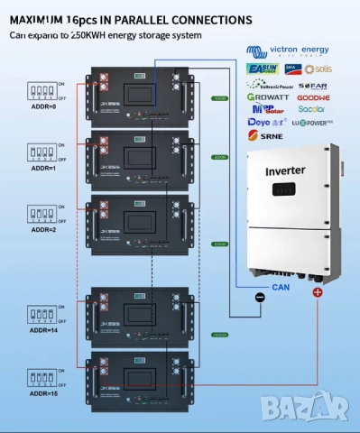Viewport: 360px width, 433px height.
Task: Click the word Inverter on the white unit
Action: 284,170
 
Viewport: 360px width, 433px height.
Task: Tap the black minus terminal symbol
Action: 259,297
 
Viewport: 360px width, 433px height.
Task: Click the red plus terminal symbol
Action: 318,294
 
